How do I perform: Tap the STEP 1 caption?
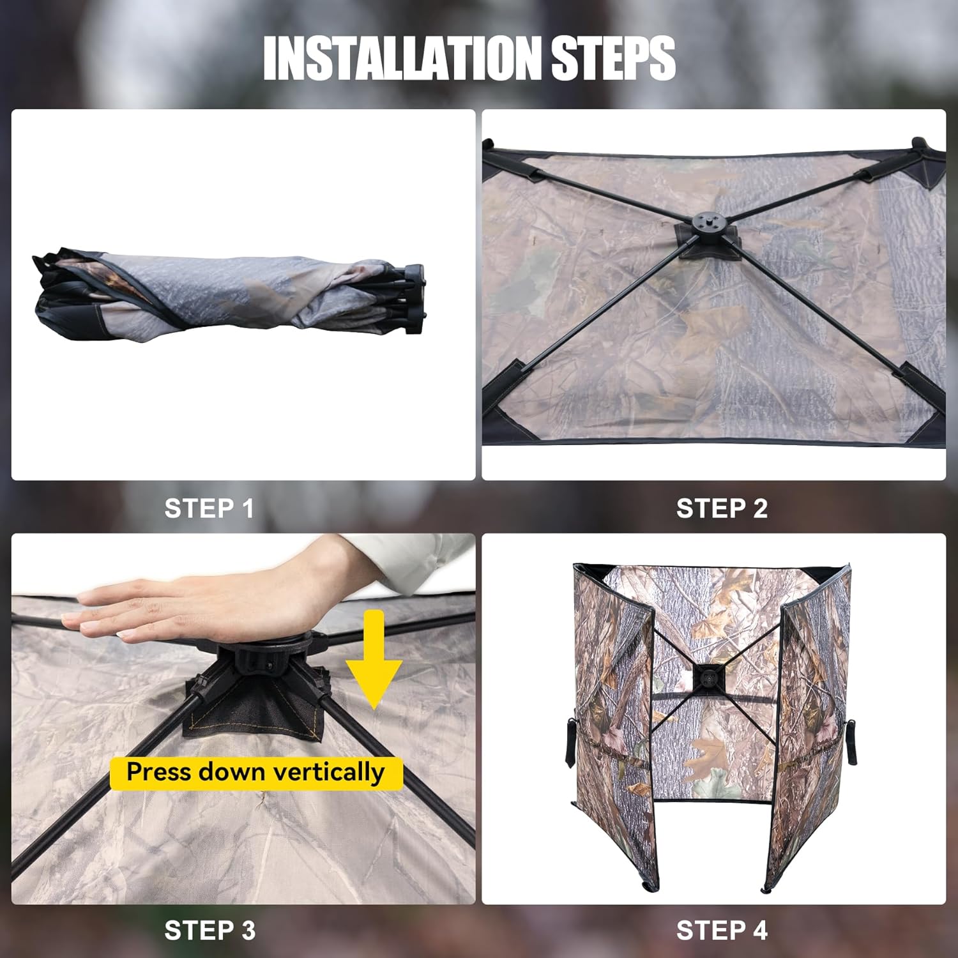209,508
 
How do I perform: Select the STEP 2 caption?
722,508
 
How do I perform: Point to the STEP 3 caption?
209,930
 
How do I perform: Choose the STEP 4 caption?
722,930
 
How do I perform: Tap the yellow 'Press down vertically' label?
256,773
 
